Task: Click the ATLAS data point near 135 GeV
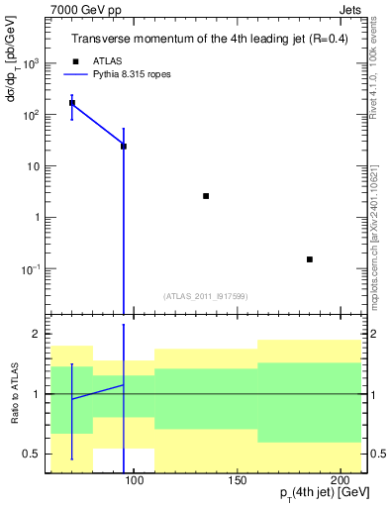coord(206,196)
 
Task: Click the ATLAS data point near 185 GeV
coord(310,259)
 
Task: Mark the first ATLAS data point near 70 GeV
coord(71,102)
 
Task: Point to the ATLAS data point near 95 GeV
coord(124,146)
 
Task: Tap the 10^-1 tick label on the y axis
coord(34,269)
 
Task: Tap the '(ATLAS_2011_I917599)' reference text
coord(206,295)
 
